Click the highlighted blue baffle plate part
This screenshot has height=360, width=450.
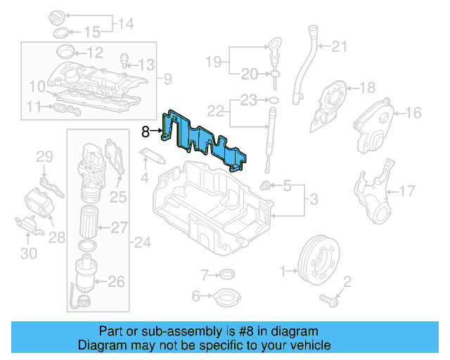point(211,144)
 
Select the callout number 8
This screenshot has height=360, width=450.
point(146,131)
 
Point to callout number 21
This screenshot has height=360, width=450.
point(340,47)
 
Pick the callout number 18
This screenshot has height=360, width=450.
point(368,88)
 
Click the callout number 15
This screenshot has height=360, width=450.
point(93,32)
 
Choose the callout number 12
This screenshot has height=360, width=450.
point(95,52)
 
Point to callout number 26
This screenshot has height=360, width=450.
point(116,282)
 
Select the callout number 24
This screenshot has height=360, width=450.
point(143,243)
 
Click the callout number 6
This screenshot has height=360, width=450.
point(196,295)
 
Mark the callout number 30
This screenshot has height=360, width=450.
point(28,252)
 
